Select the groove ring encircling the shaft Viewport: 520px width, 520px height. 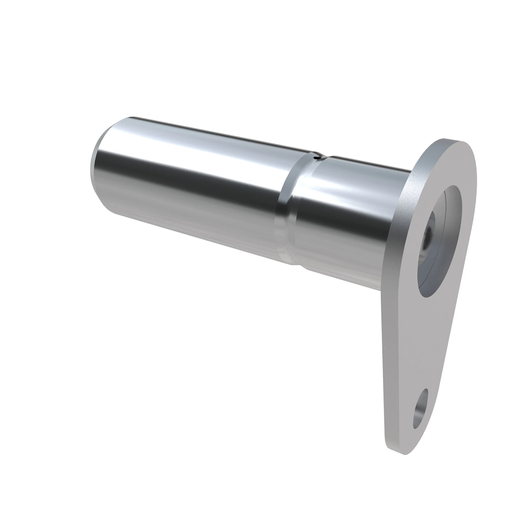[x=287, y=208]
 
